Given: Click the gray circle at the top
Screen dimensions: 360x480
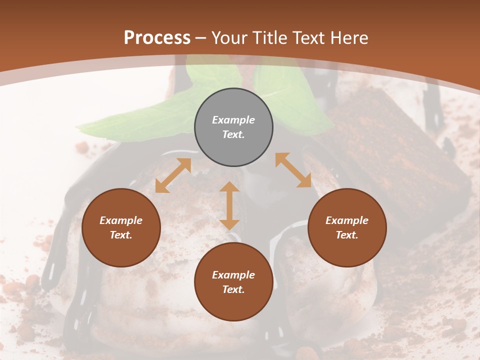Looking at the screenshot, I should [x=233, y=127].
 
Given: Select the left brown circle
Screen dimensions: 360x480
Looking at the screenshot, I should [x=121, y=227].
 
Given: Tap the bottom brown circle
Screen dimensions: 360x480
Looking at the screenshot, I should [x=233, y=282].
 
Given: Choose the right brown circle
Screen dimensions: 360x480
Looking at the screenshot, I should [x=347, y=227].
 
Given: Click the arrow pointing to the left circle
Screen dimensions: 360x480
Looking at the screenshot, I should [x=173, y=175].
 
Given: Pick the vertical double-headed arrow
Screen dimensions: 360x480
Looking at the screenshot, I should [x=229, y=205].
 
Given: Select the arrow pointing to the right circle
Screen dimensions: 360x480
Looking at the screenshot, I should [x=293, y=170].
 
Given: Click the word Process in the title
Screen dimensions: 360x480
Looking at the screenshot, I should [x=157, y=37].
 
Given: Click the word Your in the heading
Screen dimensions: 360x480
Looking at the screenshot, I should [x=229, y=37].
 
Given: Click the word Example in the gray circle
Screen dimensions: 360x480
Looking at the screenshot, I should [x=233, y=120].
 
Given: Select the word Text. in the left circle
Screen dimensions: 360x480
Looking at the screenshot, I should [x=121, y=235].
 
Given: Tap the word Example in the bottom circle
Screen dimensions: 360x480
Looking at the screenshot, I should [x=233, y=275].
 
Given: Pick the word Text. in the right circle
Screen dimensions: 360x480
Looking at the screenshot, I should [x=347, y=235].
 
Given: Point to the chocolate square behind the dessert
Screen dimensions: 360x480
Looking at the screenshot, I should [x=395, y=150].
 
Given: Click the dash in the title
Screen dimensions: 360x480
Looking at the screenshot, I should [x=201, y=38].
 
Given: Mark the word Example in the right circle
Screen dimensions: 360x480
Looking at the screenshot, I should [x=347, y=220].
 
